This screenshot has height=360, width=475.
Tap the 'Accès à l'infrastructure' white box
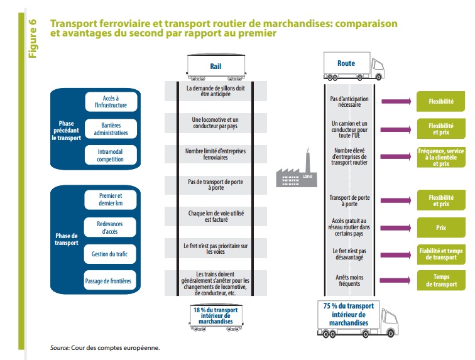111,102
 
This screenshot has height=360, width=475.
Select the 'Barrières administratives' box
111,129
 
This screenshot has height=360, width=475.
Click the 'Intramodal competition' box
111,155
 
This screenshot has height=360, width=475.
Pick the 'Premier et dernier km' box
111,199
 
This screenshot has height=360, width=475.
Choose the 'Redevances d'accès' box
110,227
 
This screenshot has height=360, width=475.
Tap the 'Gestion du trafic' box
110,254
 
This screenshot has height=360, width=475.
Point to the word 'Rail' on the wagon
216,67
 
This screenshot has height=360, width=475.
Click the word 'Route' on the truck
346,63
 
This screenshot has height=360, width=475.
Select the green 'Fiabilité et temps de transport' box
441,254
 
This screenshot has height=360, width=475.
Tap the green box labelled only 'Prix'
441,227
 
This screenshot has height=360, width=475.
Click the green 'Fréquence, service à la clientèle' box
441,157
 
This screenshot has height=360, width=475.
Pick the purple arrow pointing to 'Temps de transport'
395,280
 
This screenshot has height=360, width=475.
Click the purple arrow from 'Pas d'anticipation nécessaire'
396,102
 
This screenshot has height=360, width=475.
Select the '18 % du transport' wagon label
216,315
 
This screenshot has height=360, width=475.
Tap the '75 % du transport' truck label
349,315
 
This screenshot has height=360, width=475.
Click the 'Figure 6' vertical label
33,38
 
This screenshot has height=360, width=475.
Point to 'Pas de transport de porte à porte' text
216,185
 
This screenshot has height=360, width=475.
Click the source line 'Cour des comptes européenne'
115,348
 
